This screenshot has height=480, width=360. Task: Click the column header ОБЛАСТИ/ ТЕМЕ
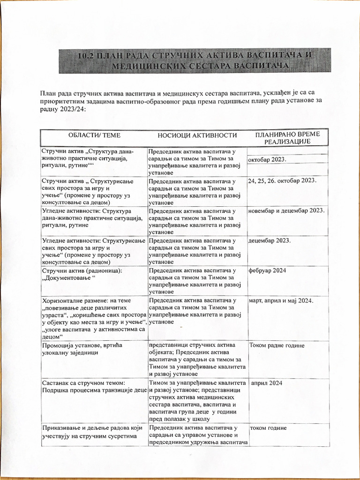coord(95,135)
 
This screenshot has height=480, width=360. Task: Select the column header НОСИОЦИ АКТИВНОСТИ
coord(197,135)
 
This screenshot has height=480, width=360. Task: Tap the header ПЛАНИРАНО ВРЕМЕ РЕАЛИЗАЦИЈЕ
coord(287,138)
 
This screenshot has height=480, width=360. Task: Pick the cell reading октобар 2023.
coord(267,160)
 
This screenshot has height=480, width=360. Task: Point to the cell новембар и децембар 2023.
coord(286,210)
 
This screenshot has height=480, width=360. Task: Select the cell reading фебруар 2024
coord(267,270)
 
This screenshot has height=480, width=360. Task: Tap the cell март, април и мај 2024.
coord(281,300)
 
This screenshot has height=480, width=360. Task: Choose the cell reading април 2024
coord(267,383)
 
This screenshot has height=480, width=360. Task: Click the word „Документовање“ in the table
coord(68,278)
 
